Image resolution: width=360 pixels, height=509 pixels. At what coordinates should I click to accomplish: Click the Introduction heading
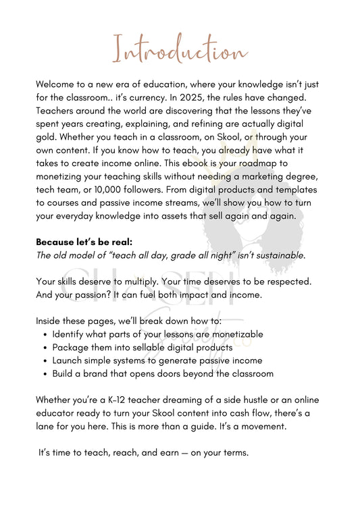(180, 51)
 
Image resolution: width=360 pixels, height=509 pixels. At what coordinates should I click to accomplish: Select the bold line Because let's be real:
(84, 241)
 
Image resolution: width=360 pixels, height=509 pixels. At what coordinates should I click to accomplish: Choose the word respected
(296, 281)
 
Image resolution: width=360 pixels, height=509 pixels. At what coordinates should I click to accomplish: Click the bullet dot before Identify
(45, 334)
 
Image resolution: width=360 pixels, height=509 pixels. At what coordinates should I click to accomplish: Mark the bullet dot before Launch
(45, 360)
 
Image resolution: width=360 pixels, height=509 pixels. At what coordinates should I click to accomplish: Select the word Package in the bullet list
(71, 347)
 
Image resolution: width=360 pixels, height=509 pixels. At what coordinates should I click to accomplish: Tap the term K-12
(126, 400)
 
